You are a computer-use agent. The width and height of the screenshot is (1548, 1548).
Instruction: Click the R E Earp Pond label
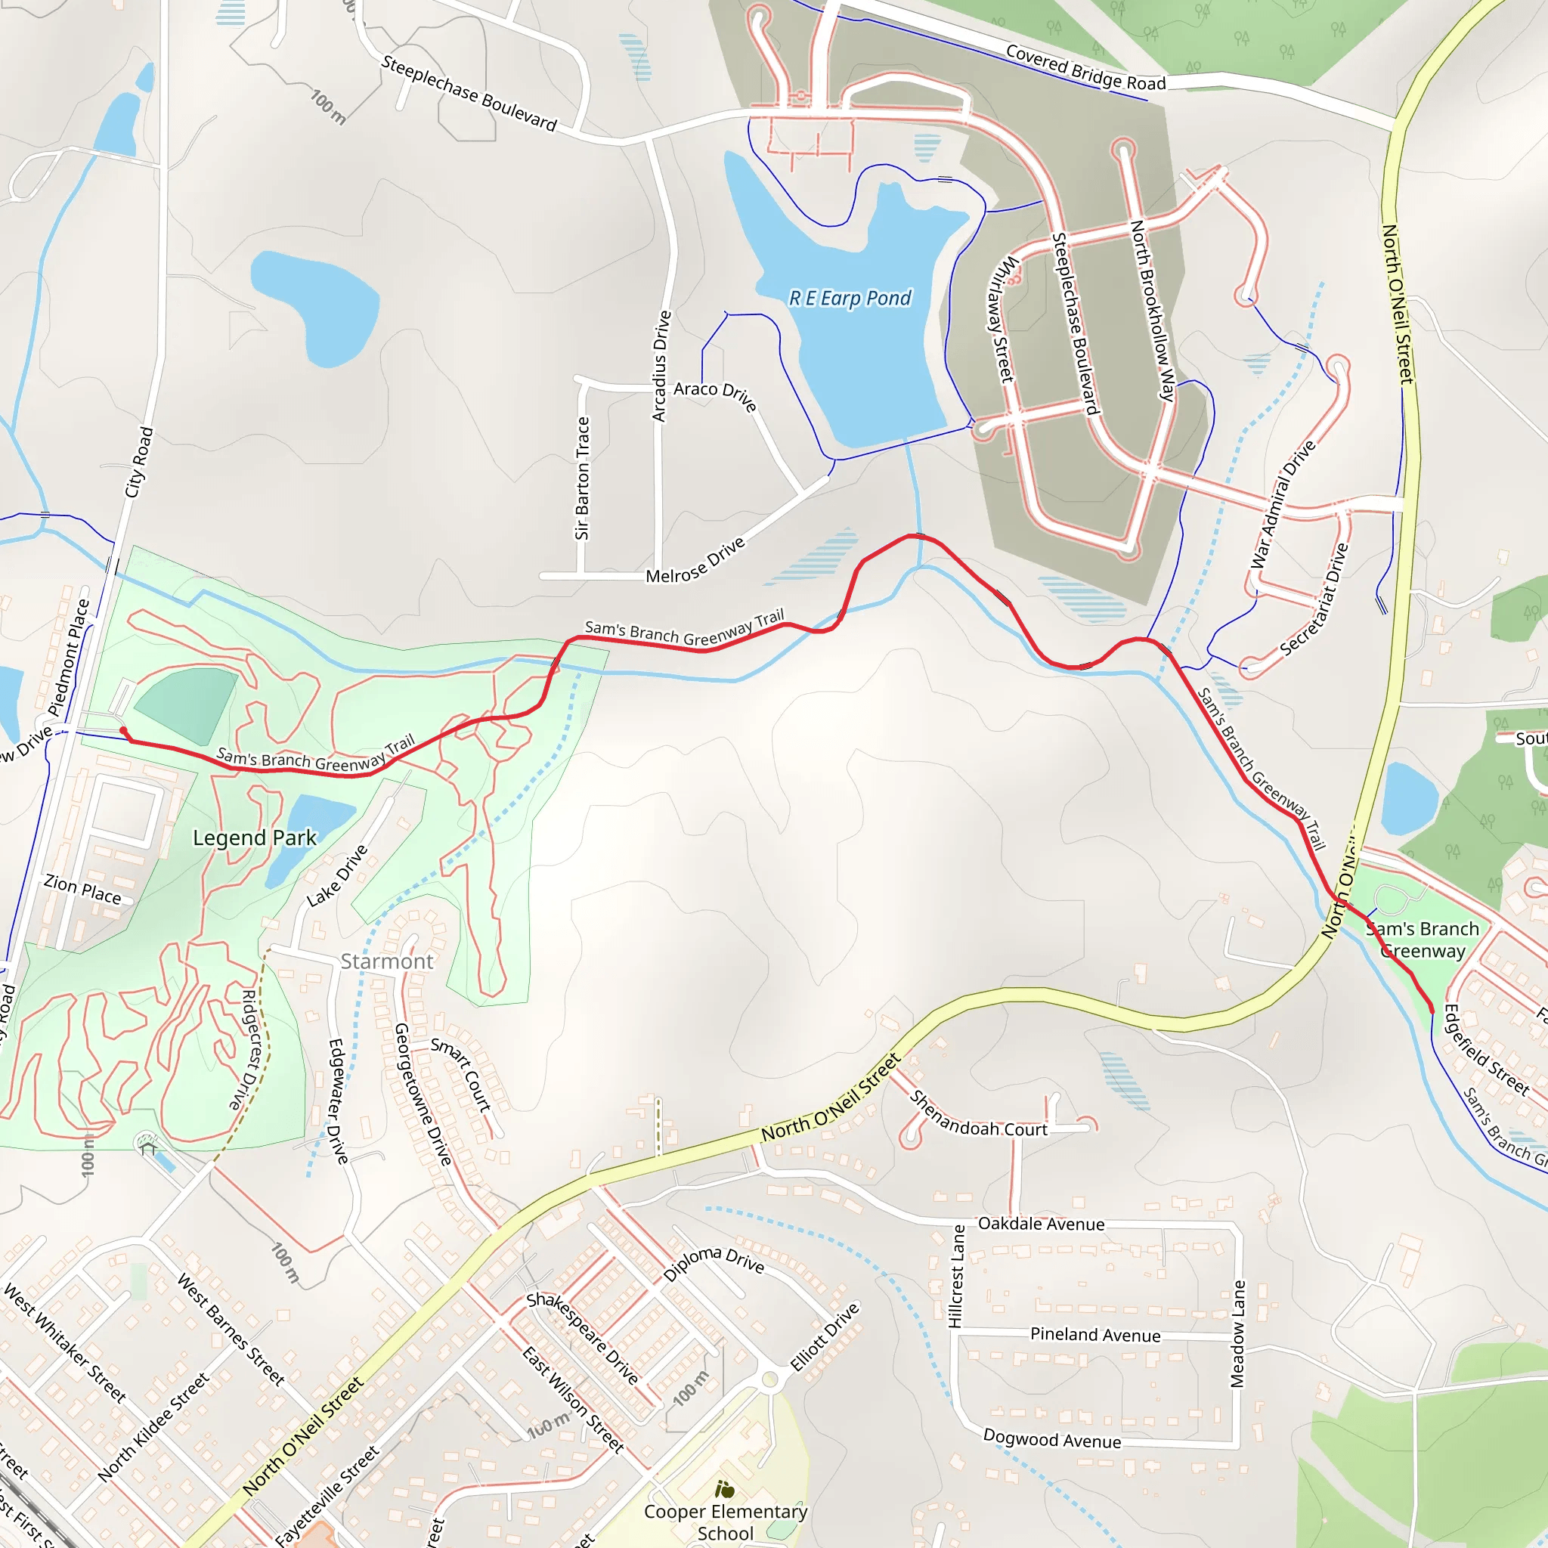(850, 298)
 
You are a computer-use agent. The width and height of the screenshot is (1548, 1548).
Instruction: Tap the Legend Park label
(255, 838)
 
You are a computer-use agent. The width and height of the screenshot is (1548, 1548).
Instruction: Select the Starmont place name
(387, 961)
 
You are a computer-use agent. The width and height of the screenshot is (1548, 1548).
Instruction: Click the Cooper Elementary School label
(725, 1522)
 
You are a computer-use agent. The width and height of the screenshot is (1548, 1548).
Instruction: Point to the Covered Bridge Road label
(1085, 68)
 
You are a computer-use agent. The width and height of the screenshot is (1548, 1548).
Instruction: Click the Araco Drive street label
(716, 395)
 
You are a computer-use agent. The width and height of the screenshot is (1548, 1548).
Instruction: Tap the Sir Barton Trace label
(583, 478)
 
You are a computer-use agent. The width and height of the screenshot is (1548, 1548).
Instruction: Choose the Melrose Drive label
(695, 560)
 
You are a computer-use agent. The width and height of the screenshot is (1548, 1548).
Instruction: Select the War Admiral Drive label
(1283, 504)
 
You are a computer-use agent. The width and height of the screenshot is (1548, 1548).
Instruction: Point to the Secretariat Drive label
(1316, 599)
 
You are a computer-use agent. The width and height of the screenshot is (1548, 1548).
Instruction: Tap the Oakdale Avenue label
(1041, 1224)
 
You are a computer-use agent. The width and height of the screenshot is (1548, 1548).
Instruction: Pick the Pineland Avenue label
(1095, 1335)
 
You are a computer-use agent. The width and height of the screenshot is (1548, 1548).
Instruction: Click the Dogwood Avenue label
(1052, 1439)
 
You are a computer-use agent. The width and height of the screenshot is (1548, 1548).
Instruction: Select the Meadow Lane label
(1238, 1334)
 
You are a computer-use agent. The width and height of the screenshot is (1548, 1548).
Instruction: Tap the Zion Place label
(82, 890)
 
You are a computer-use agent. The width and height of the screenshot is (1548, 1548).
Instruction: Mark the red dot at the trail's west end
(123, 730)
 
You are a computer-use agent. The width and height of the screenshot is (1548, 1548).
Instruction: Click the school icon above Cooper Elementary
(725, 1490)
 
